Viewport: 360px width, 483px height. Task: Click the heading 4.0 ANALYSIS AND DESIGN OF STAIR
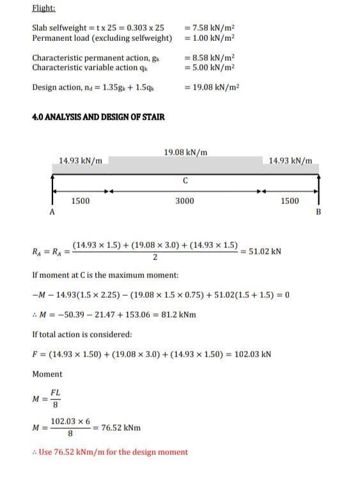tap(98, 117)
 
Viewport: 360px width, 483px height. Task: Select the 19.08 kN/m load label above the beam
tap(185, 153)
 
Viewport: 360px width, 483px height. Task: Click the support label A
tap(51, 213)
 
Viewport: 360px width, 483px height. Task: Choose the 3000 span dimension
tap(185, 201)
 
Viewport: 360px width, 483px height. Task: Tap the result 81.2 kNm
tap(180, 314)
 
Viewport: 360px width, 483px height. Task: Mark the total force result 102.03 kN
tap(253, 353)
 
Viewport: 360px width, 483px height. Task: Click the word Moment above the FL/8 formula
tap(47, 374)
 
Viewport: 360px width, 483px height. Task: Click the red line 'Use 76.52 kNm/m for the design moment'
tap(109, 452)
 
